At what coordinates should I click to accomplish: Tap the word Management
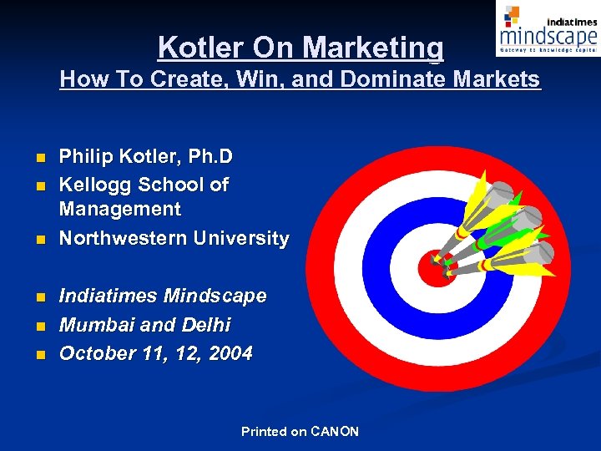[x=119, y=209]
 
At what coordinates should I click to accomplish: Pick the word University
[x=241, y=238]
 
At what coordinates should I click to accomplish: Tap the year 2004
[x=230, y=353]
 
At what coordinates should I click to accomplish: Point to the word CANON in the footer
[x=334, y=432]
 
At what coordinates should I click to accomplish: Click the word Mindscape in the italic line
[x=215, y=296]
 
